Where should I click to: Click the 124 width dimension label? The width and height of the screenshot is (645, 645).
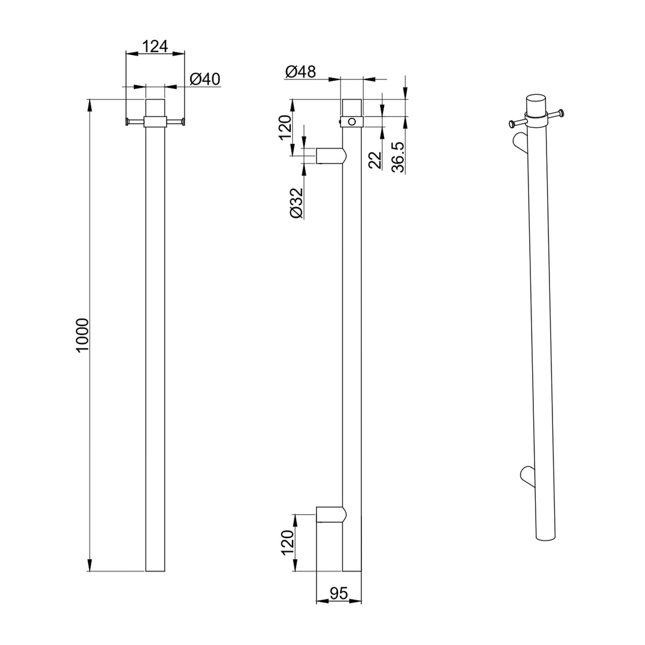[155, 46]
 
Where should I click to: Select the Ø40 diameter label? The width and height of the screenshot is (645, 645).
[205, 79]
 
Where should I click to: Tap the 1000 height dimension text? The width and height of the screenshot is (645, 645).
[82, 334]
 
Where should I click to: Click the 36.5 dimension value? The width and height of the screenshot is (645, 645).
[399, 157]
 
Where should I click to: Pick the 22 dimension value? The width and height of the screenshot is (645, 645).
[374, 159]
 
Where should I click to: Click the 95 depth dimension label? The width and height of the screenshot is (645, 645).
[339, 593]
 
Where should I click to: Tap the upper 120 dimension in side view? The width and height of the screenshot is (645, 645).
[285, 127]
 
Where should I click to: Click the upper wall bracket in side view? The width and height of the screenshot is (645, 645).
[330, 156]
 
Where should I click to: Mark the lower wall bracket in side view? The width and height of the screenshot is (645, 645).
[330, 514]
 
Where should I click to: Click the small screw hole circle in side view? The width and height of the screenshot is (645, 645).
[352, 122]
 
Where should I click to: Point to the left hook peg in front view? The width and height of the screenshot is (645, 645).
[135, 122]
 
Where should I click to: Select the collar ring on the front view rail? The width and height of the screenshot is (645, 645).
[155, 122]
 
